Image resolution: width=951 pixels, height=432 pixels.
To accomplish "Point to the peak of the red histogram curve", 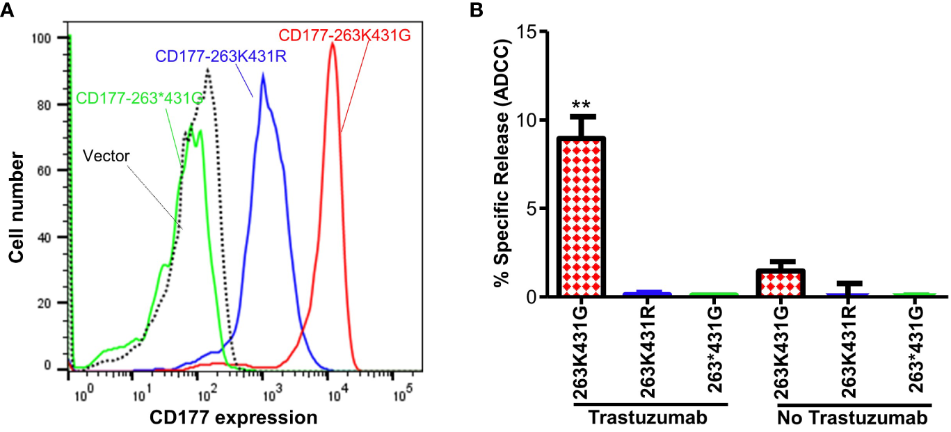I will point(333,43).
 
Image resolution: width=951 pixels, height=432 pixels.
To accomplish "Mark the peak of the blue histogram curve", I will point(262,74).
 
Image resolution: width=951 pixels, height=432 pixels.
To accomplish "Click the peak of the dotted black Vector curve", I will point(207,70).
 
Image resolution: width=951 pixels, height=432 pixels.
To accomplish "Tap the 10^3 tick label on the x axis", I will point(264,396).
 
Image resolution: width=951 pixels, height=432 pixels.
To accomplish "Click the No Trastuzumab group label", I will point(852,419).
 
